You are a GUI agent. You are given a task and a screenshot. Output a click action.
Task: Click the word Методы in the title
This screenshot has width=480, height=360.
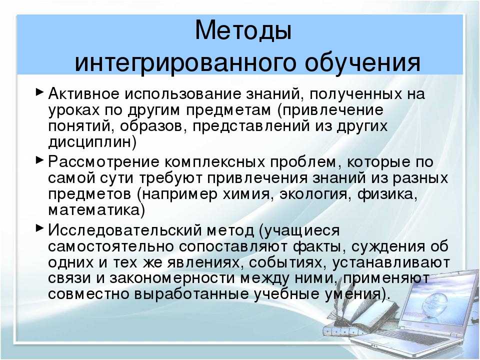click(x=243, y=31)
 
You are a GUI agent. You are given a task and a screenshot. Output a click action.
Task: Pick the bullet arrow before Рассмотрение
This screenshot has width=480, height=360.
click(x=40, y=162)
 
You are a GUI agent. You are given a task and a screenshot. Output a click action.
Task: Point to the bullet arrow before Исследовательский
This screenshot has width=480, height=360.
click(x=40, y=228)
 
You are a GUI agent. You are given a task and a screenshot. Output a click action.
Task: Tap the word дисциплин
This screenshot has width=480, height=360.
click(x=90, y=141)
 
